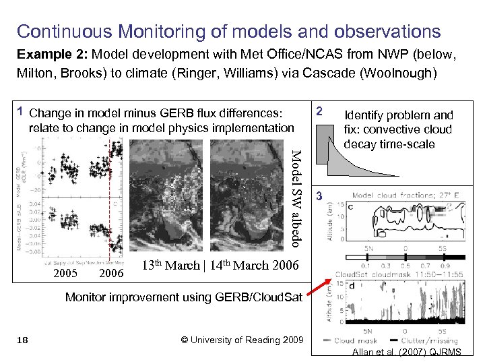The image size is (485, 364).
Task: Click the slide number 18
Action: pos(22,340)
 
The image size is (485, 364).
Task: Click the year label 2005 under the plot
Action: pos(65,273)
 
